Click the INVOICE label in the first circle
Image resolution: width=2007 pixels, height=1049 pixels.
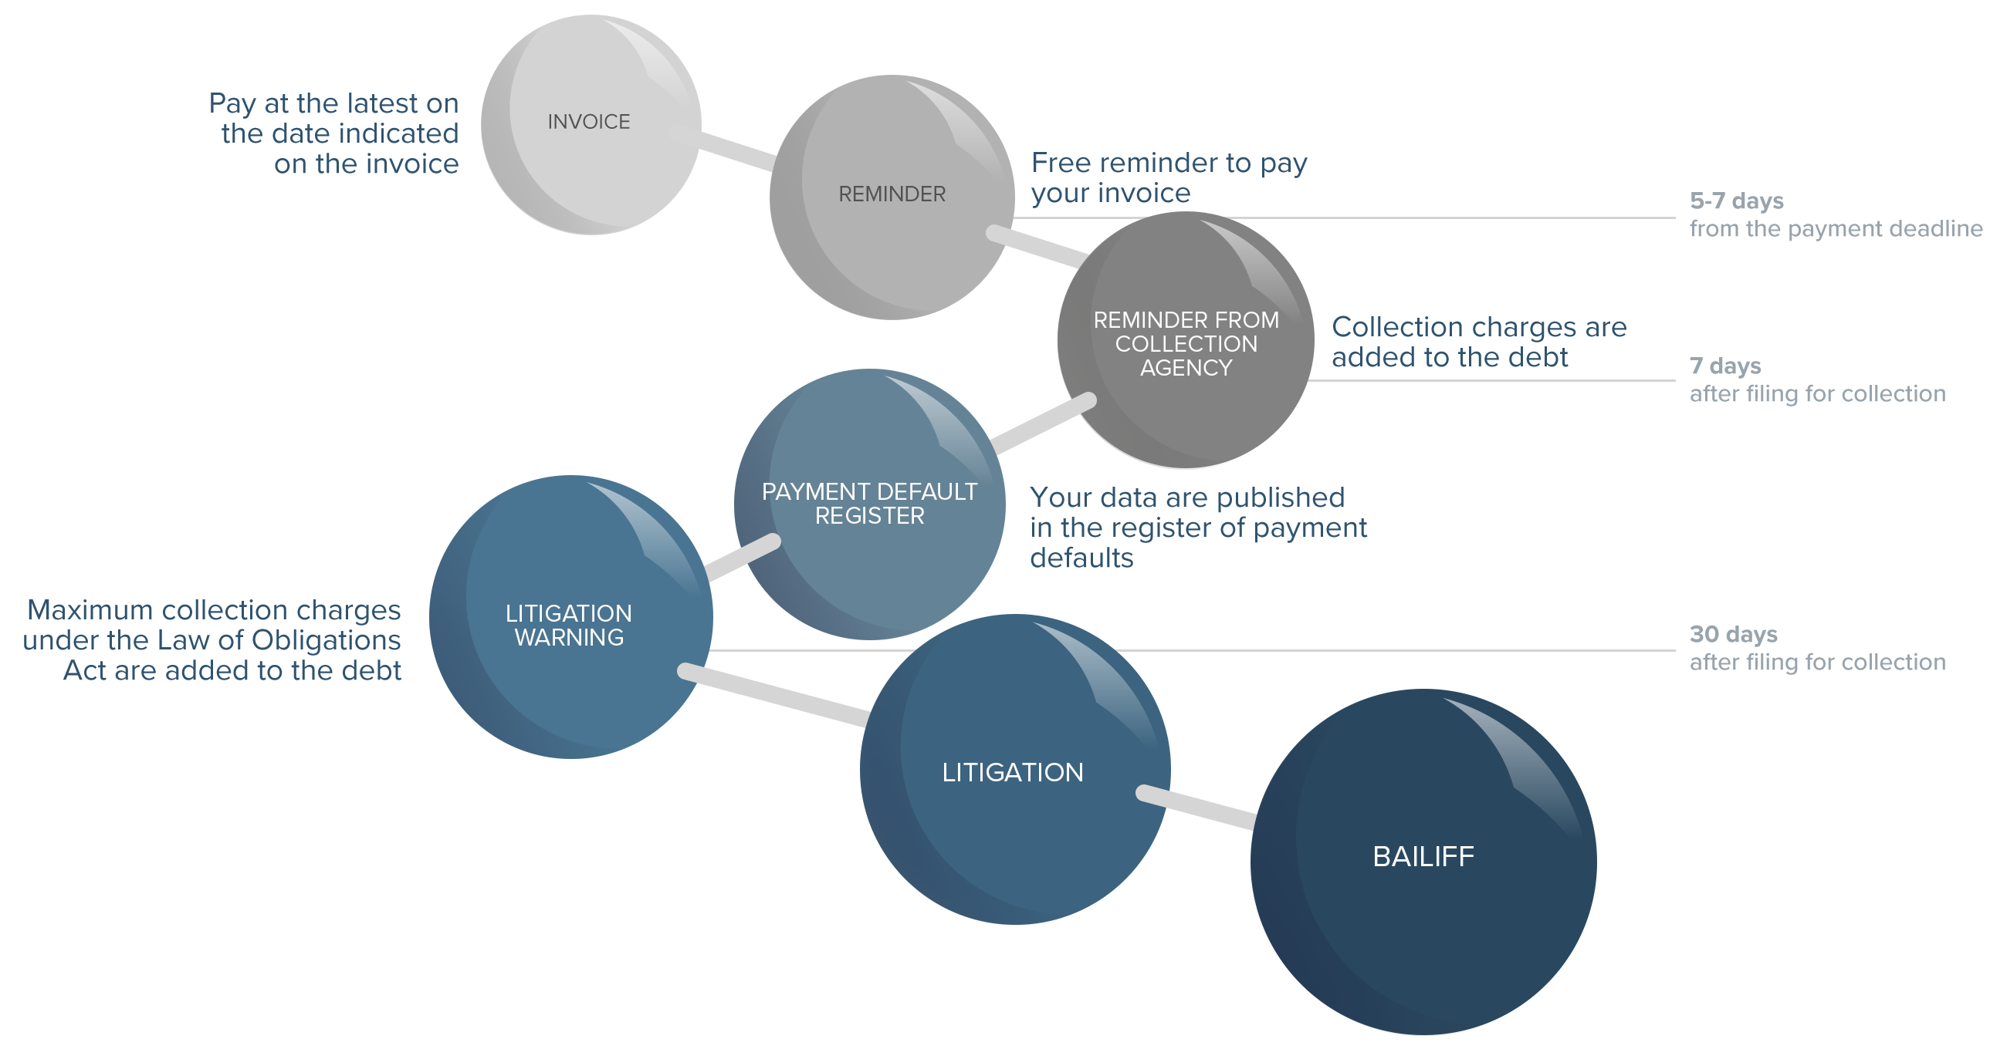pyautogui.click(x=588, y=122)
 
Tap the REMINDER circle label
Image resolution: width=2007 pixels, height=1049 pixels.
pyautogui.click(x=892, y=194)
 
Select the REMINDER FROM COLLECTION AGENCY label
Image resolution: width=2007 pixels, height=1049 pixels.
pyautogui.click(x=1186, y=343)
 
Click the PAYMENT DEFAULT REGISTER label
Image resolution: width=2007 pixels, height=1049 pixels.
pyautogui.click(x=868, y=504)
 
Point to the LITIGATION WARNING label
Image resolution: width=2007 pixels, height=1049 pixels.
pyautogui.click(x=569, y=626)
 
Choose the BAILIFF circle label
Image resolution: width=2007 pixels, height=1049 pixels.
pyautogui.click(x=1423, y=857)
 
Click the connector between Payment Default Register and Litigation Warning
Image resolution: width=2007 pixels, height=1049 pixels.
pyautogui.click(x=742, y=557)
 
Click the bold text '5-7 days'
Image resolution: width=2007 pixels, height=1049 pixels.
pyautogui.click(x=1737, y=201)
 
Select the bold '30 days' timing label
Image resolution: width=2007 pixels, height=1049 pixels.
pyautogui.click(x=1733, y=634)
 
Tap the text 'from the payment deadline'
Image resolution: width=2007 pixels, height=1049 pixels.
pyautogui.click(x=1836, y=229)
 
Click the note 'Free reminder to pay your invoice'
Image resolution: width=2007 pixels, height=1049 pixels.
pyautogui.click(x=1169, y=177)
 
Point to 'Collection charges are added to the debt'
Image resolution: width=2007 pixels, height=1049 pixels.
pyautogui.click(x=1478, y=342)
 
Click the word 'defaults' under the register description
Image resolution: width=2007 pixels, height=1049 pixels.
pyautogui.click(x=1081, y=558)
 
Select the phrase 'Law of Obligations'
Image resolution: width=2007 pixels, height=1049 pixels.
pyautogui.click(x=279, y=640)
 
